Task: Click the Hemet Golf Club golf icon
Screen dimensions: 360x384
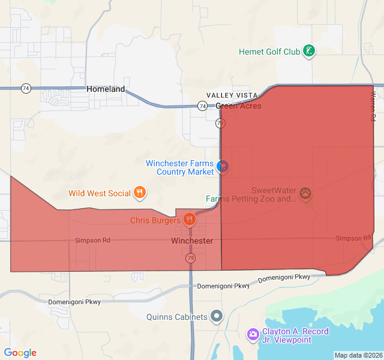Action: pos(309,51)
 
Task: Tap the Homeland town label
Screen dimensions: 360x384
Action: pos(106,89)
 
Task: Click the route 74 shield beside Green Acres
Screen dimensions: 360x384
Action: pos(202,106)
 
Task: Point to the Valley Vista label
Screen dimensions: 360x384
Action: pos(232,95)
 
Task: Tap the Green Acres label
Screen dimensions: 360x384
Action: pos(238,106)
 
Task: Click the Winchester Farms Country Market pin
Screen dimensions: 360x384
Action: pos(223,166)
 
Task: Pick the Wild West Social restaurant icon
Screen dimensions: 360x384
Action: pos(140,192)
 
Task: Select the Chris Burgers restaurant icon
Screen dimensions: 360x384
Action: pos(190,219)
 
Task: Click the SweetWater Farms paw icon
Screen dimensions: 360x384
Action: pos(306,193)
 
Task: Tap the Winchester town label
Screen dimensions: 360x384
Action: pos(192,241)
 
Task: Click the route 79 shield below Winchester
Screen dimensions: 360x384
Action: pos(190,258)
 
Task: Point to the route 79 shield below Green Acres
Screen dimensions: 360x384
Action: pos(220,124)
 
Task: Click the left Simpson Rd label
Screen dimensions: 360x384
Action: pos(92,240)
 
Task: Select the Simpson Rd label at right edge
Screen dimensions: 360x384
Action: pos(354,238)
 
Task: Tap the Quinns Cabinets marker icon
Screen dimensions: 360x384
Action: pos(217,316)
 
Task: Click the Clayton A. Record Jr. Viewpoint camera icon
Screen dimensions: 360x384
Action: pos(253,334)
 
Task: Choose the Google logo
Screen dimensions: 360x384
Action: pos(20,353)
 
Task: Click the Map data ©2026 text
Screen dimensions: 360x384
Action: pos(358,355)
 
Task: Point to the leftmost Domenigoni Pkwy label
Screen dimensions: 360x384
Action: pos(74,302)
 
